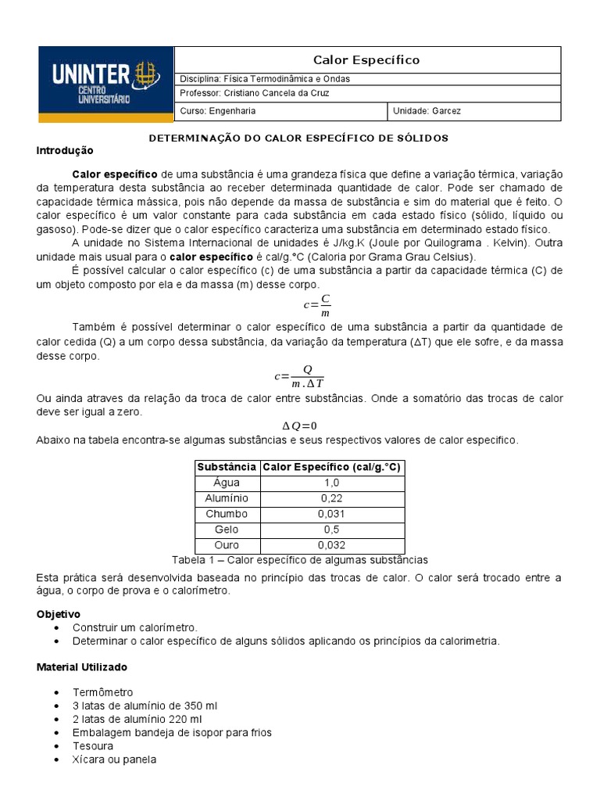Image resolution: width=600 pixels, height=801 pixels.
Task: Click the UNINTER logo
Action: pyautogui.click(x=105, y=84)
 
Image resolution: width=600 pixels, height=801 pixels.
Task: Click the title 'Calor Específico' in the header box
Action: pyautogui.click(x=366, y=60)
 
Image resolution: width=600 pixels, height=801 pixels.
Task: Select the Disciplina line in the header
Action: pyautogui.click(x=265, y=79)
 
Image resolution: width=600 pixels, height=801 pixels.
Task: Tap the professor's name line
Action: pyautogui.click(x=255, y=93)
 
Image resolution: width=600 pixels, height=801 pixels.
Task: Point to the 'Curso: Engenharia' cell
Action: pyautogui.click(x=218, y=111)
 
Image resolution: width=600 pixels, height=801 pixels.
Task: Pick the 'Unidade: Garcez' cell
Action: pyautogui.click(x=427, y=111)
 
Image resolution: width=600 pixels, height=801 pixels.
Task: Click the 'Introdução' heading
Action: pyautogui.click(x=65, y=150)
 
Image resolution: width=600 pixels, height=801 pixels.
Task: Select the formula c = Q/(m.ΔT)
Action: pyautogui.click(x=299, y=375)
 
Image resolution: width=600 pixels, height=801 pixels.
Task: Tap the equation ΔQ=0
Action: pyautogui.click(x=299, y=426)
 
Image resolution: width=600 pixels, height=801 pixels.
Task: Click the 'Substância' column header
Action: pyautogui.click(x=227, y=467)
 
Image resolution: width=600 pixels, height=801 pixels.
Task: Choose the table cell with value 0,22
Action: pyautogui.click(x=331, y=498)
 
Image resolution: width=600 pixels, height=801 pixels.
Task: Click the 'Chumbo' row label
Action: pyautogui.click(x=227, y=514)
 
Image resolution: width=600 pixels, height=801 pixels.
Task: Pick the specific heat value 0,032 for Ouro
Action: pyautogui.click(x=331, y=545)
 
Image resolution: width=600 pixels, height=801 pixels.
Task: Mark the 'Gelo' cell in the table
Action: pyautogui.click(x=227, y=530)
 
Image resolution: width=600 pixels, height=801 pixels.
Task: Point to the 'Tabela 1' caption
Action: pyautogui.click(x=299, y=560)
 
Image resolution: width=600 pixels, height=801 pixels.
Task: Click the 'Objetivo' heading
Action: pyautogui.click(x=59, y=614)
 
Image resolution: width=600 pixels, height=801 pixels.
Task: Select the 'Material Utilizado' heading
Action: pyautogui.click(x=82, y=667)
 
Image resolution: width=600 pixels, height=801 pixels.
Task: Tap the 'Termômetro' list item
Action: pyautogui.click(x=102, y=692)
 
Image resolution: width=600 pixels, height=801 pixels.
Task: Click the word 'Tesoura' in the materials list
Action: pyautogui.click(x=93, y=745)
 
